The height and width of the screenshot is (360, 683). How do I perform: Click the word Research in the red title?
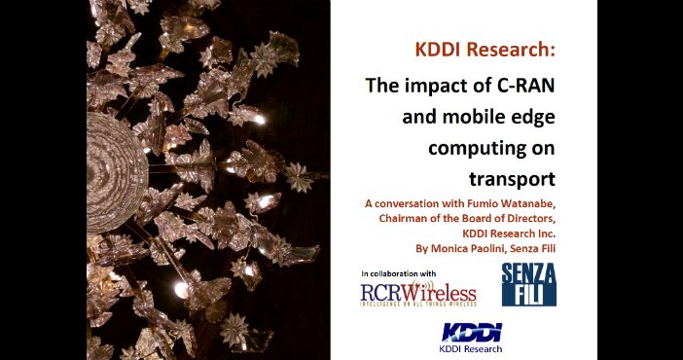click(511, 50)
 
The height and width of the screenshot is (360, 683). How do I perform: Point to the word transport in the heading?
click(512, 179)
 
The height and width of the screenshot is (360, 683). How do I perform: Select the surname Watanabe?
click(525, 203)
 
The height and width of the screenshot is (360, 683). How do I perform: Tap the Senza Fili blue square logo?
click(529, 284)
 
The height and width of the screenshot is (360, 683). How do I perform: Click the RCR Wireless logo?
click(418, 294)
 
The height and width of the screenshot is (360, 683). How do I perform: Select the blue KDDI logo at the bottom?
click(472, 332)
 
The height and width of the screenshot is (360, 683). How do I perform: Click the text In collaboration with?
click(398, 273)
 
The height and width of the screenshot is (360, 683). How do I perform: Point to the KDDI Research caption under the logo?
click(471, 348)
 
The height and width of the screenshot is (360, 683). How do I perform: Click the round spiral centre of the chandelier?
click(116, 172)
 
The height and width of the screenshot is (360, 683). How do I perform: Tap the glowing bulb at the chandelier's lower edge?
click(181, 290)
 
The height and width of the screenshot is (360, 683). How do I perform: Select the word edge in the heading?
click(537, 118)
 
